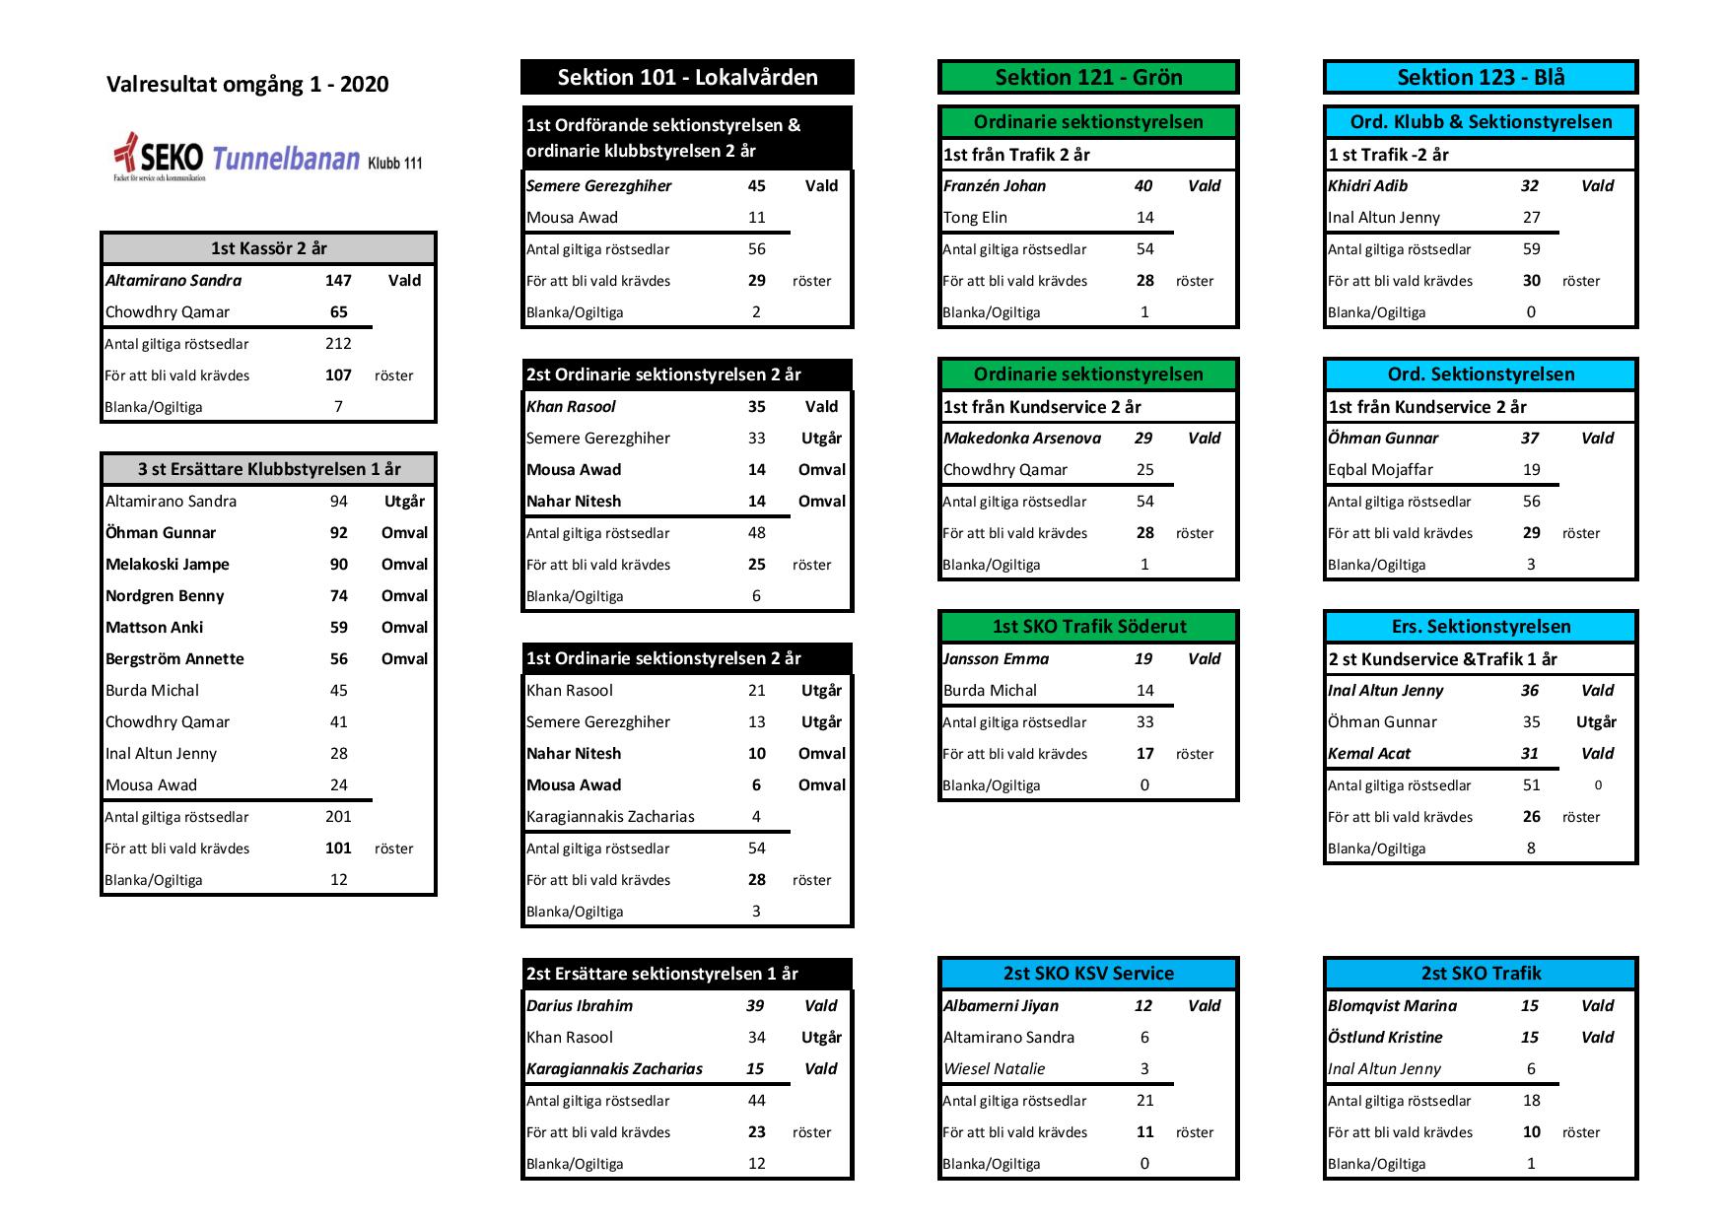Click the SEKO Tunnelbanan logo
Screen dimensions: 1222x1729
tap(267, 158)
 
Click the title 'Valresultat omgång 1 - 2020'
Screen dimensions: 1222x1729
tap(247, 85)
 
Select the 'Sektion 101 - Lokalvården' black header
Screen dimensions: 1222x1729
tap(687, 78)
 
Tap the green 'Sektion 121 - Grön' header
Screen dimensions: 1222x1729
tap(1088, 78)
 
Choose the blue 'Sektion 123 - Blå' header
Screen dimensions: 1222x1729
tap(1481, 78)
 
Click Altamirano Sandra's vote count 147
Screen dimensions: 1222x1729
tap(338, 281)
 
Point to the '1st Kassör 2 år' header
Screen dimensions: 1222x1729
tap(268, 249)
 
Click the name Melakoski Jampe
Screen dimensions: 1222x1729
tap(168, 565)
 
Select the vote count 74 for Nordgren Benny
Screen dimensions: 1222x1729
tap(338, 596)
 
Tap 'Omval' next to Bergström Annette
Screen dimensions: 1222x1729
tap(404, 659)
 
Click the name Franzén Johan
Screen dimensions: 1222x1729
tap(995, 186)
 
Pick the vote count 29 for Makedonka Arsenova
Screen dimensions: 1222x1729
tap(1143, 439)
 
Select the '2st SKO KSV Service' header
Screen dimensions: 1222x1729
tap(1088, 974)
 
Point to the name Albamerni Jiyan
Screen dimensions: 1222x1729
tap(1001, 1006)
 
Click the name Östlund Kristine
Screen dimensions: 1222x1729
tap(1385, 1038)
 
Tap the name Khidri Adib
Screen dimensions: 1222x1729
tap(1368, 186)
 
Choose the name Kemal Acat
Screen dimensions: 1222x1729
tap(1369, 754)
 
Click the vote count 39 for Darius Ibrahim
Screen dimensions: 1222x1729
tap(755, 1006)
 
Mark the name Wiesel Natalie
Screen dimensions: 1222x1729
tap(994, 1069)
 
